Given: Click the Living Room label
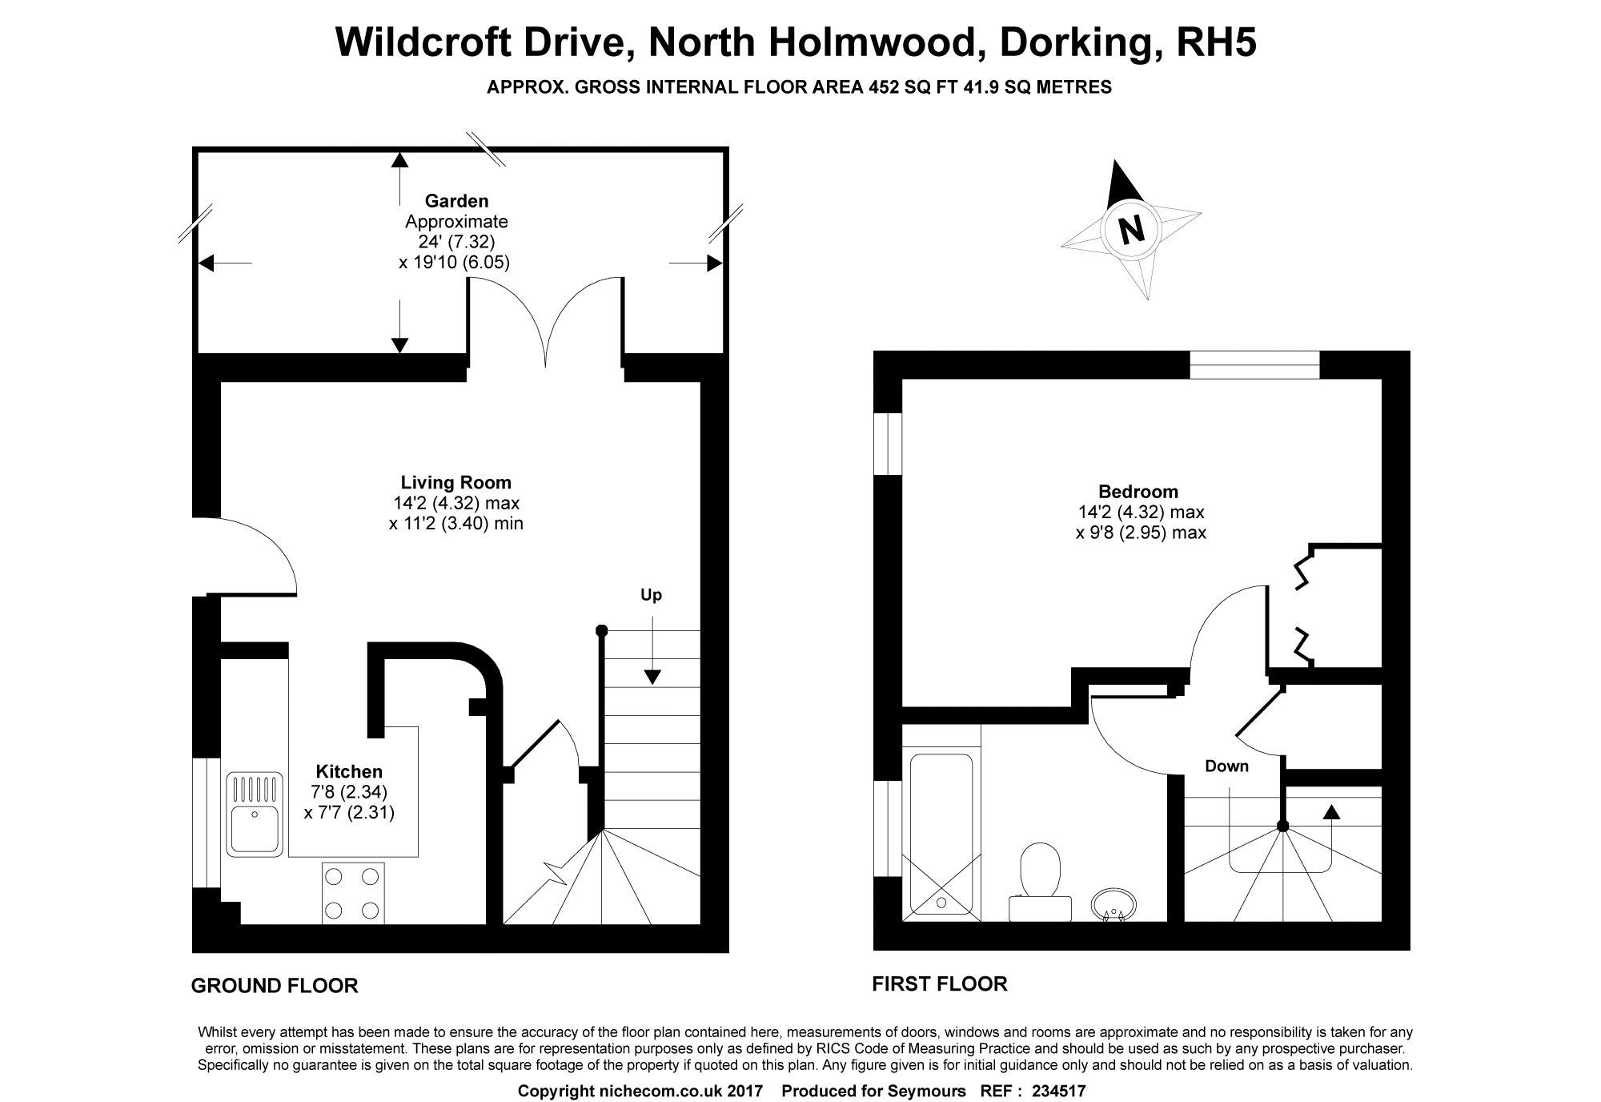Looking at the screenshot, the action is (x=455, y=482).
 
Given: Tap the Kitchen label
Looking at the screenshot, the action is (x=349, y=771).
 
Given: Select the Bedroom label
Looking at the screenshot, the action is (x=1138, y=491).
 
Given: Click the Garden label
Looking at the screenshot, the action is (x=456, y=201).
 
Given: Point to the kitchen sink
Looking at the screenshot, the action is (x=255, y=813).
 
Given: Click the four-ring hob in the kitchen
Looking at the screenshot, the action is (x=353, y=893).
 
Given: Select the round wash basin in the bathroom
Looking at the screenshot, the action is (x=1113, y=904).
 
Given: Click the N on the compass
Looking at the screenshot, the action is (x=1131, y=230).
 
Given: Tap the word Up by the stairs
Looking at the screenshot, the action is (x=651, y=595).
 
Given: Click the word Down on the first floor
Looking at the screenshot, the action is (x=1226, y=766).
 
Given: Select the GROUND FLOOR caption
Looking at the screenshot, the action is (x=275, y=986).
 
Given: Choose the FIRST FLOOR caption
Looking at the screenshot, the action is (x=940, y=984).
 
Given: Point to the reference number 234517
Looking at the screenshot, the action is (x=1058, y=1091).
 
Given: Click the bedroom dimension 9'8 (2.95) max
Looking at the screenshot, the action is (x=1141, y=533).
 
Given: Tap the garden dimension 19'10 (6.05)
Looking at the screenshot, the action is (x=454, y=262).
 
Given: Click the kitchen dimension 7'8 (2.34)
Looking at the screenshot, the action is (x=349, y=792).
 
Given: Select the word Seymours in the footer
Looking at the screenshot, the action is (x=929, y=1091).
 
